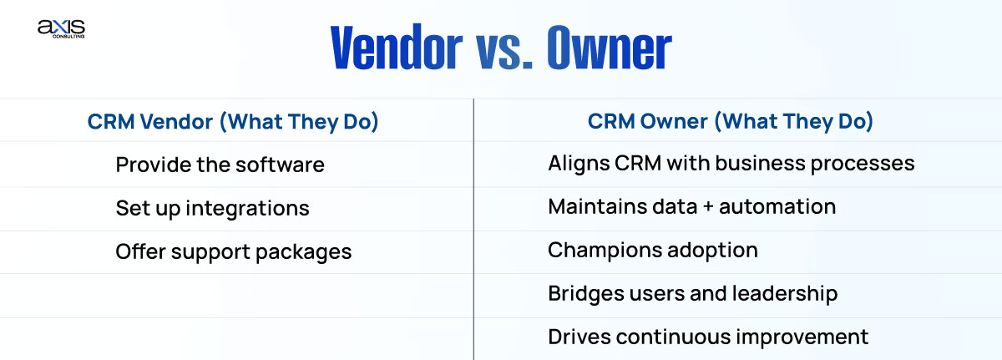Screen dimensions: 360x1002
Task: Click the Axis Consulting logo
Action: click(61, 29)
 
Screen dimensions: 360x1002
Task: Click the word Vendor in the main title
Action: click(396, 50)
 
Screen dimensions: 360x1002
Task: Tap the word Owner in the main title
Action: click(609, 50)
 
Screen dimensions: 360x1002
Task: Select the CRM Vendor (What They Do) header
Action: click(233, 122)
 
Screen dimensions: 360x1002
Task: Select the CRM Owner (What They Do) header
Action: click(731, 122)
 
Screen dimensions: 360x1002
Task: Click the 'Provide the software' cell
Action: click(220, 165)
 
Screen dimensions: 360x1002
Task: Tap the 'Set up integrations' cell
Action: click(212, 208)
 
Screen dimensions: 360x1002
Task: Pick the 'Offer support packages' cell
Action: click(233, 251)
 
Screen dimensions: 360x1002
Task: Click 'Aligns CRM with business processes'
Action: click(731, 164)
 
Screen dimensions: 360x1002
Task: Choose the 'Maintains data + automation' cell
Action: click(691, 207)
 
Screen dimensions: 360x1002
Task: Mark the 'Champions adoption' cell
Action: click(653, 251)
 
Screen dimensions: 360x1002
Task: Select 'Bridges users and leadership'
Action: click(692, 293)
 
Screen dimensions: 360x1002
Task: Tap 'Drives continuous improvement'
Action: click(708, 337)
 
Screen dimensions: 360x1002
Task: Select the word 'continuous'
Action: click(677, 337)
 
